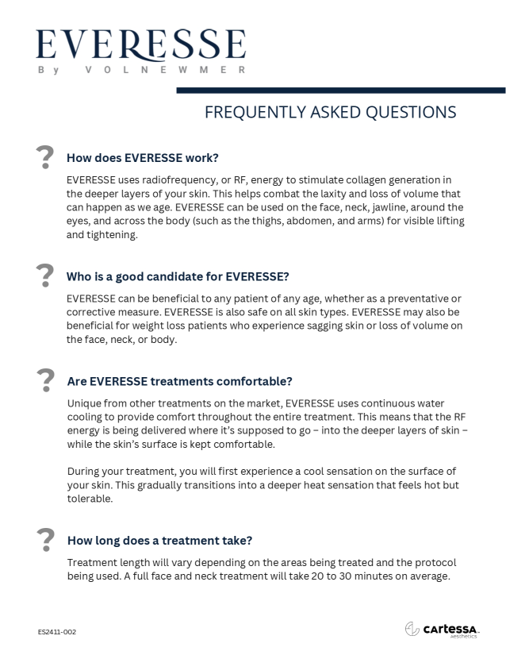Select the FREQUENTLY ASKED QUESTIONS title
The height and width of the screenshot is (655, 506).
[330, 112]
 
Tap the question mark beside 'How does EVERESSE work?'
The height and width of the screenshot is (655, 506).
[46, 156]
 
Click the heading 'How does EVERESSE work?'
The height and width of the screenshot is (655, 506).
[143, 157]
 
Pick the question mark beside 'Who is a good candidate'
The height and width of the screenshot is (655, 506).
[46, 275]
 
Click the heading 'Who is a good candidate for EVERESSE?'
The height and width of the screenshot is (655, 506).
[178, 276]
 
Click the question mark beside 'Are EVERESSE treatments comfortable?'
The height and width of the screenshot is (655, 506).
[46, 380]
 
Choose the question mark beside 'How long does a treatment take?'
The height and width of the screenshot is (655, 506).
[46, 539]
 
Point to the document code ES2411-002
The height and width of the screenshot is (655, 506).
[57, 632]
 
